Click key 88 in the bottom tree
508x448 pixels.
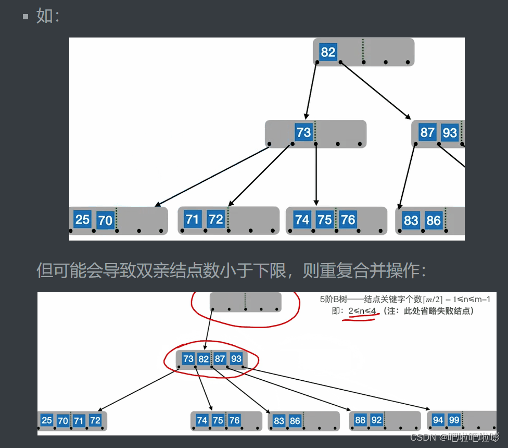[x=360, y=420]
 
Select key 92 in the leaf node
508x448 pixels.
[x=376, y=420]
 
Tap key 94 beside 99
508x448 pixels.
[x=438, y=420]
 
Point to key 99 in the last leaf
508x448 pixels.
[x=454, y=420]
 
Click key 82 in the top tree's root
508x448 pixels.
[x=328, y=52]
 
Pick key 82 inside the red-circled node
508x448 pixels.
[x=204, y=359]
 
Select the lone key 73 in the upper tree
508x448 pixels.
[x=303, y=132]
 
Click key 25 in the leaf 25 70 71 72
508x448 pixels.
[x=47, y=420]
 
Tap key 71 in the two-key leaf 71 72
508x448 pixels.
[x=193, y=219]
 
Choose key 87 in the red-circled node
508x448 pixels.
[x=220, y=359]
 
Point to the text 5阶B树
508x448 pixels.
[x=334, y=300]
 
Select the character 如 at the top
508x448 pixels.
[x=44, y=16]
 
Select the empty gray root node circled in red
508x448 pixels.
[x=245, y=302]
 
